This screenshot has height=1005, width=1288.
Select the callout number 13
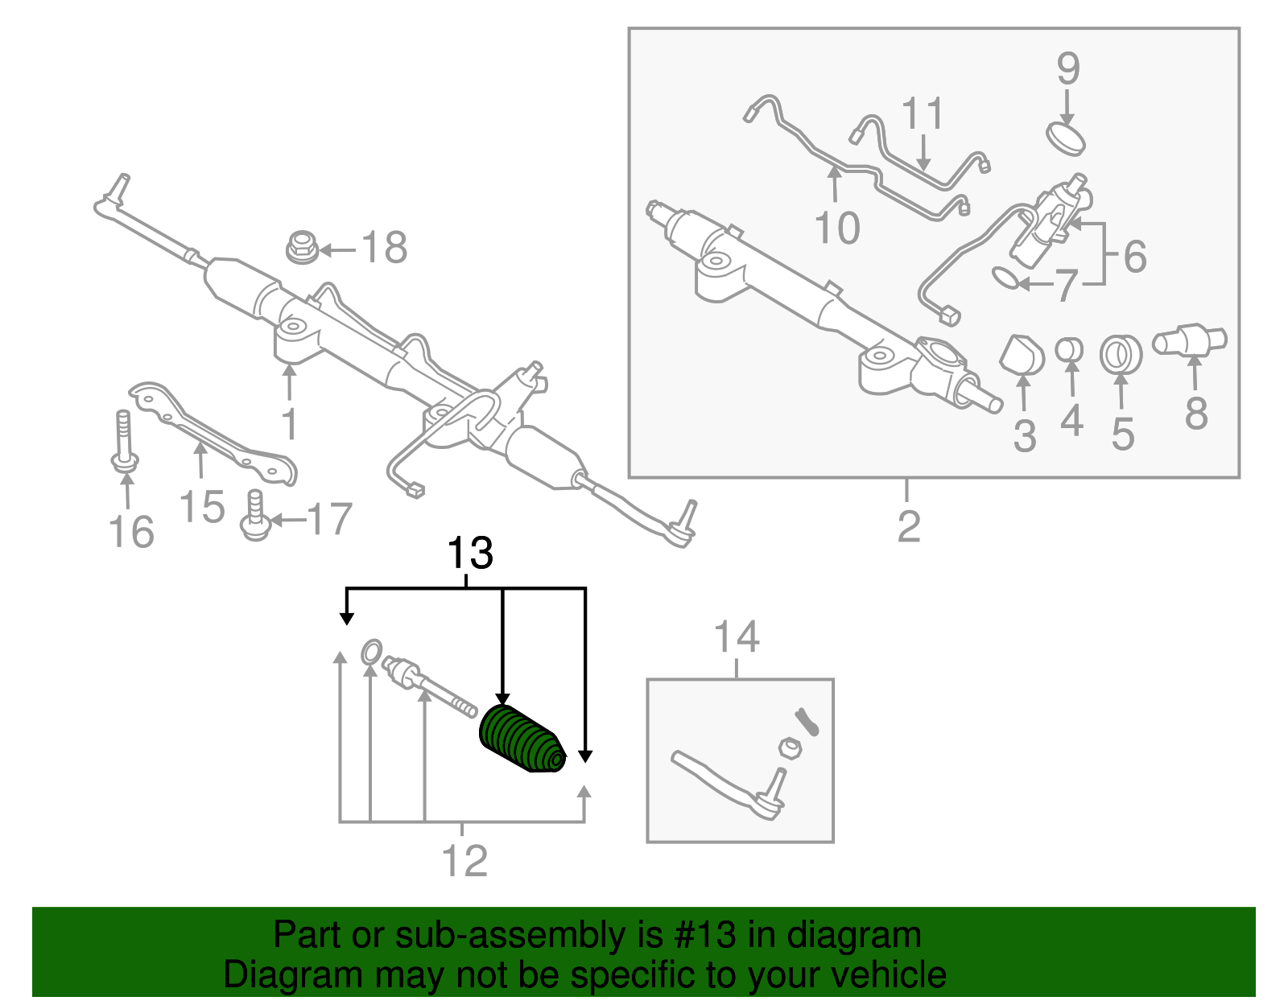click(x=469, y=554)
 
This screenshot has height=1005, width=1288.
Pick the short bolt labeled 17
click(x=255, y=516)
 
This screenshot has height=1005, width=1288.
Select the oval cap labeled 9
click(x=1066, y=137)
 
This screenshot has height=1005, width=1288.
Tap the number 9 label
click(x=1067, y=69)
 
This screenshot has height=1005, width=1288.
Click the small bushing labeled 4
click(x=1069, y=351)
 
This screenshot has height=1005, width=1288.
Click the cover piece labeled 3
click(x=1021, y=355)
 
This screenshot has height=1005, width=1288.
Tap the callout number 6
click(x=1134, y=257)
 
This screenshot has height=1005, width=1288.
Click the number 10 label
click(x=837, y=228)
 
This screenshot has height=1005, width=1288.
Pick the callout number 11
click(x=923, y=114)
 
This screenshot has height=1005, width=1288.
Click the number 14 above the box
click(x=737, y=637)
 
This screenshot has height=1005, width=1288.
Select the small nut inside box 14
click(x=791, y=748)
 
